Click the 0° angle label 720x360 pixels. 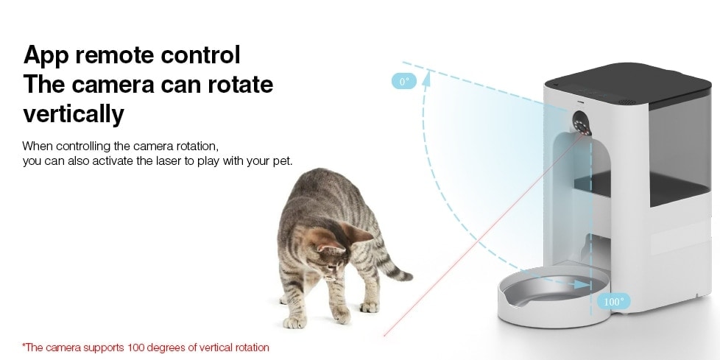404,82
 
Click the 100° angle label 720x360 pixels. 614,302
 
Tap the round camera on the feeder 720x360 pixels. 582,123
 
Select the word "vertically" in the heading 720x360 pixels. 74,114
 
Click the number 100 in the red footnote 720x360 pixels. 135,347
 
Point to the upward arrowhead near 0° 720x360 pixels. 426,78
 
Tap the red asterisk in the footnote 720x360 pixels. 24,345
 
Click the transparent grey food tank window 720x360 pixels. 680,147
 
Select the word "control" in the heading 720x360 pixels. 200,55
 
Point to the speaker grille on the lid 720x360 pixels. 627,102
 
